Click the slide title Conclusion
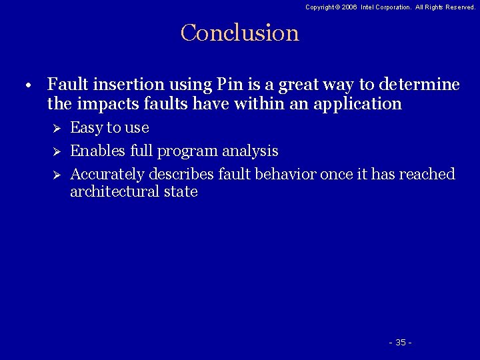(x=239, y=33)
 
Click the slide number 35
(x=400, y=343)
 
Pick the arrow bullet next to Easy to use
(x=57, y=128)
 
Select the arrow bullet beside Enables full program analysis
(x=57, y=151)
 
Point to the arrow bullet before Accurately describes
(x=57, y=175)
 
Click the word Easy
(x=85, y=127)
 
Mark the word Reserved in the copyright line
(x=457, y=7)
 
